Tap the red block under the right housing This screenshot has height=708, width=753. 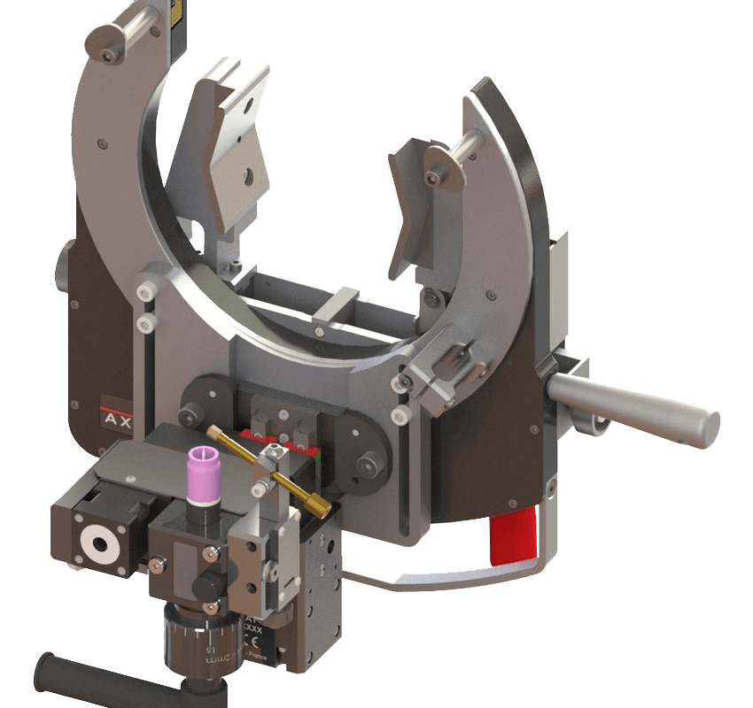click(x=514, y=539)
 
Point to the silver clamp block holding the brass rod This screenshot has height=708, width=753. click(x=265, y=466)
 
